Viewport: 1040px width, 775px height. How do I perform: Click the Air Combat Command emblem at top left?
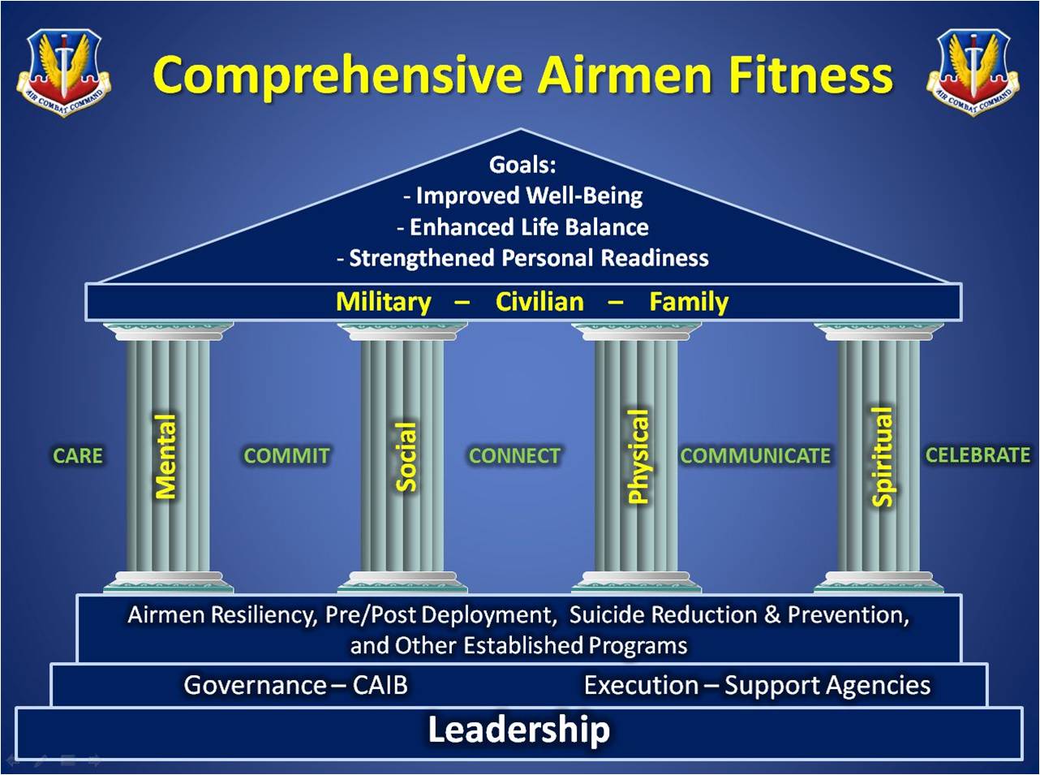click(x=64, y=73)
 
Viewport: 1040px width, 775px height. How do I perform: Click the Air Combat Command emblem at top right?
click(x=973, y=73)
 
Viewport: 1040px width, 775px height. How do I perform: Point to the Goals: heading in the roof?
click(x=522, y=165)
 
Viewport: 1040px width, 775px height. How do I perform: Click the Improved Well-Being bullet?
click(x=523, y=196)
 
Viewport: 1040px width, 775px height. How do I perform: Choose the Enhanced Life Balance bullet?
click(x=522, y=227)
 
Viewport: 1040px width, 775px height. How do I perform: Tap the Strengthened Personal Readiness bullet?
click(x=522, y=259)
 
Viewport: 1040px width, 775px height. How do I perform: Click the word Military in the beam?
click(x=384, y=303)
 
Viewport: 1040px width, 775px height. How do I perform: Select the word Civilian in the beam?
click(x=539, y=302)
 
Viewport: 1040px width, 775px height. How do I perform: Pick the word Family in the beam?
click(x=689, y=303)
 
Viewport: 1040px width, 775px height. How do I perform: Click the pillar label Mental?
click(x=165, y=456)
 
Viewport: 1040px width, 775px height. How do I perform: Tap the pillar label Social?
click(x=406, y=456)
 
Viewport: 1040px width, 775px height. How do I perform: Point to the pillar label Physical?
click(x=638, y=456)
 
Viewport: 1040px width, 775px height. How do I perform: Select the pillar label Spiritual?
click(x=882, y=457)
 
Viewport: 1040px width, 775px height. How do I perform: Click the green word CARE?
click(x=78, y=456)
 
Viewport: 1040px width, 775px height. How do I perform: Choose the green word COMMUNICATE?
click(x=755, y=456)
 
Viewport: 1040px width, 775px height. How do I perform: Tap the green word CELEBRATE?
click(x=978, y=455)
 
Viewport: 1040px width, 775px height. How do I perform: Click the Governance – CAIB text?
click(x=296, y=686)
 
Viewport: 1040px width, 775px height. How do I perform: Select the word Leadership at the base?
click(x=519, y=730)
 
